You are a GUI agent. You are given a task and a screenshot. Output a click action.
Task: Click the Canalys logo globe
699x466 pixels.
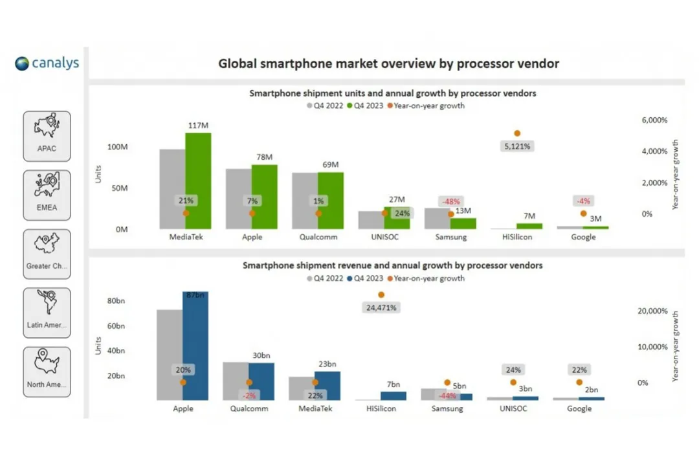23,63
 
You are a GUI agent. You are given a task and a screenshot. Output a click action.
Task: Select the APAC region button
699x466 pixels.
47,136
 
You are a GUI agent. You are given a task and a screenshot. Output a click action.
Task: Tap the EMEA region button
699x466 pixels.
47,195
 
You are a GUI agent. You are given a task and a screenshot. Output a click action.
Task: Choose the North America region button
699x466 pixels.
47,372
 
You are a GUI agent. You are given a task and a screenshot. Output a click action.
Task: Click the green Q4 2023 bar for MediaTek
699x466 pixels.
198,181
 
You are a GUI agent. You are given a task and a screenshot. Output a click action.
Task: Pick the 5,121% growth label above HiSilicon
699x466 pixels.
517,146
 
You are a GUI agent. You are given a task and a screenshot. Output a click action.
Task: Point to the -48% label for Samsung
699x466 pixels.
452,201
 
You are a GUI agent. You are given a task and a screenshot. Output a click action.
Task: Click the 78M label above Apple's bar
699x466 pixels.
265,157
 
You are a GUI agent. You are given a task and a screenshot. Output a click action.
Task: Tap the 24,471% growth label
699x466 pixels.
381,307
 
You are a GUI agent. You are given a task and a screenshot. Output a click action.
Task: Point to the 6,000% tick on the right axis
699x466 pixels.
654,120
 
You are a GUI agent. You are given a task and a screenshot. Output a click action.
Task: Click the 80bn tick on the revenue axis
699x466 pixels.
116,301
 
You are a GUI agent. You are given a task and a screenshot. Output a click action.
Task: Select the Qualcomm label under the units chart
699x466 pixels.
318,237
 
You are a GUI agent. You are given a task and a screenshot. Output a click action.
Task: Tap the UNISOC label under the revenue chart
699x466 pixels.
516,408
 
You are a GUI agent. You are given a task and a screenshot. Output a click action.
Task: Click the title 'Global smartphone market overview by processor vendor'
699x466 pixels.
388,63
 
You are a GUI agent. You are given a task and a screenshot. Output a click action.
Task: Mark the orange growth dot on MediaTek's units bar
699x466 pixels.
186,213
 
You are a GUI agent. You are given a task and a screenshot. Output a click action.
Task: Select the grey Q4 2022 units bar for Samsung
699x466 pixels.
437,218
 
